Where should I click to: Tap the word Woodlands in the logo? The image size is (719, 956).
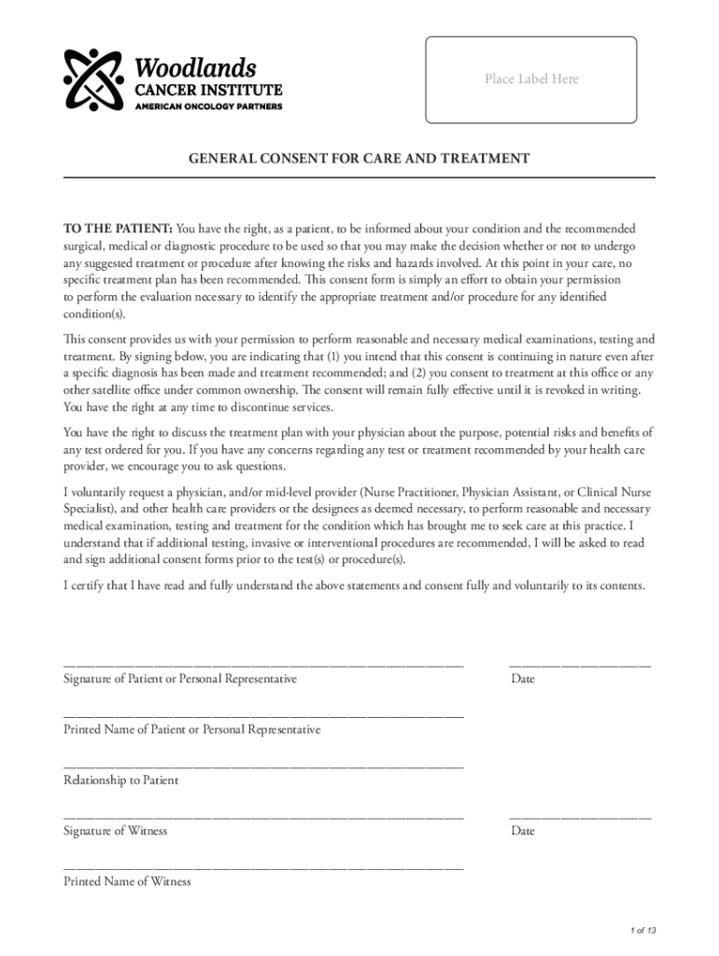pyautogui.click(x=195, y=68)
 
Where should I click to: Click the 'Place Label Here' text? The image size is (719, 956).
pyautogui.click(x=530, y=79)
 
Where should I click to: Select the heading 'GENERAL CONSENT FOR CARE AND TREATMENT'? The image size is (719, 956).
pyautogui.click(x=359, y=159)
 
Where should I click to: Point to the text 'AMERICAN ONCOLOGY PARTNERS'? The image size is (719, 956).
pyautogui.click(x=209, y=105)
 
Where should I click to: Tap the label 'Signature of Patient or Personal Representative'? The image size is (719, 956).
pyautogui.click(x=180, y=679)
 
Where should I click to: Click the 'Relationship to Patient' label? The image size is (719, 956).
pyautogui.click(x=120, y=780)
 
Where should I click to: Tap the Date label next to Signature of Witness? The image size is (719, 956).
pyautogui.click(x=523, y=831)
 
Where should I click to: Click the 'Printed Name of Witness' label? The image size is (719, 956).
pyautogui.click(x=127, y=881)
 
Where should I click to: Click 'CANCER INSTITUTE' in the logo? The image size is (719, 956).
pyautogui.click(x=209, y=90)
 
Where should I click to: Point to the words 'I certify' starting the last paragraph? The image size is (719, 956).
pyautogui.click(x=87, y=585)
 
